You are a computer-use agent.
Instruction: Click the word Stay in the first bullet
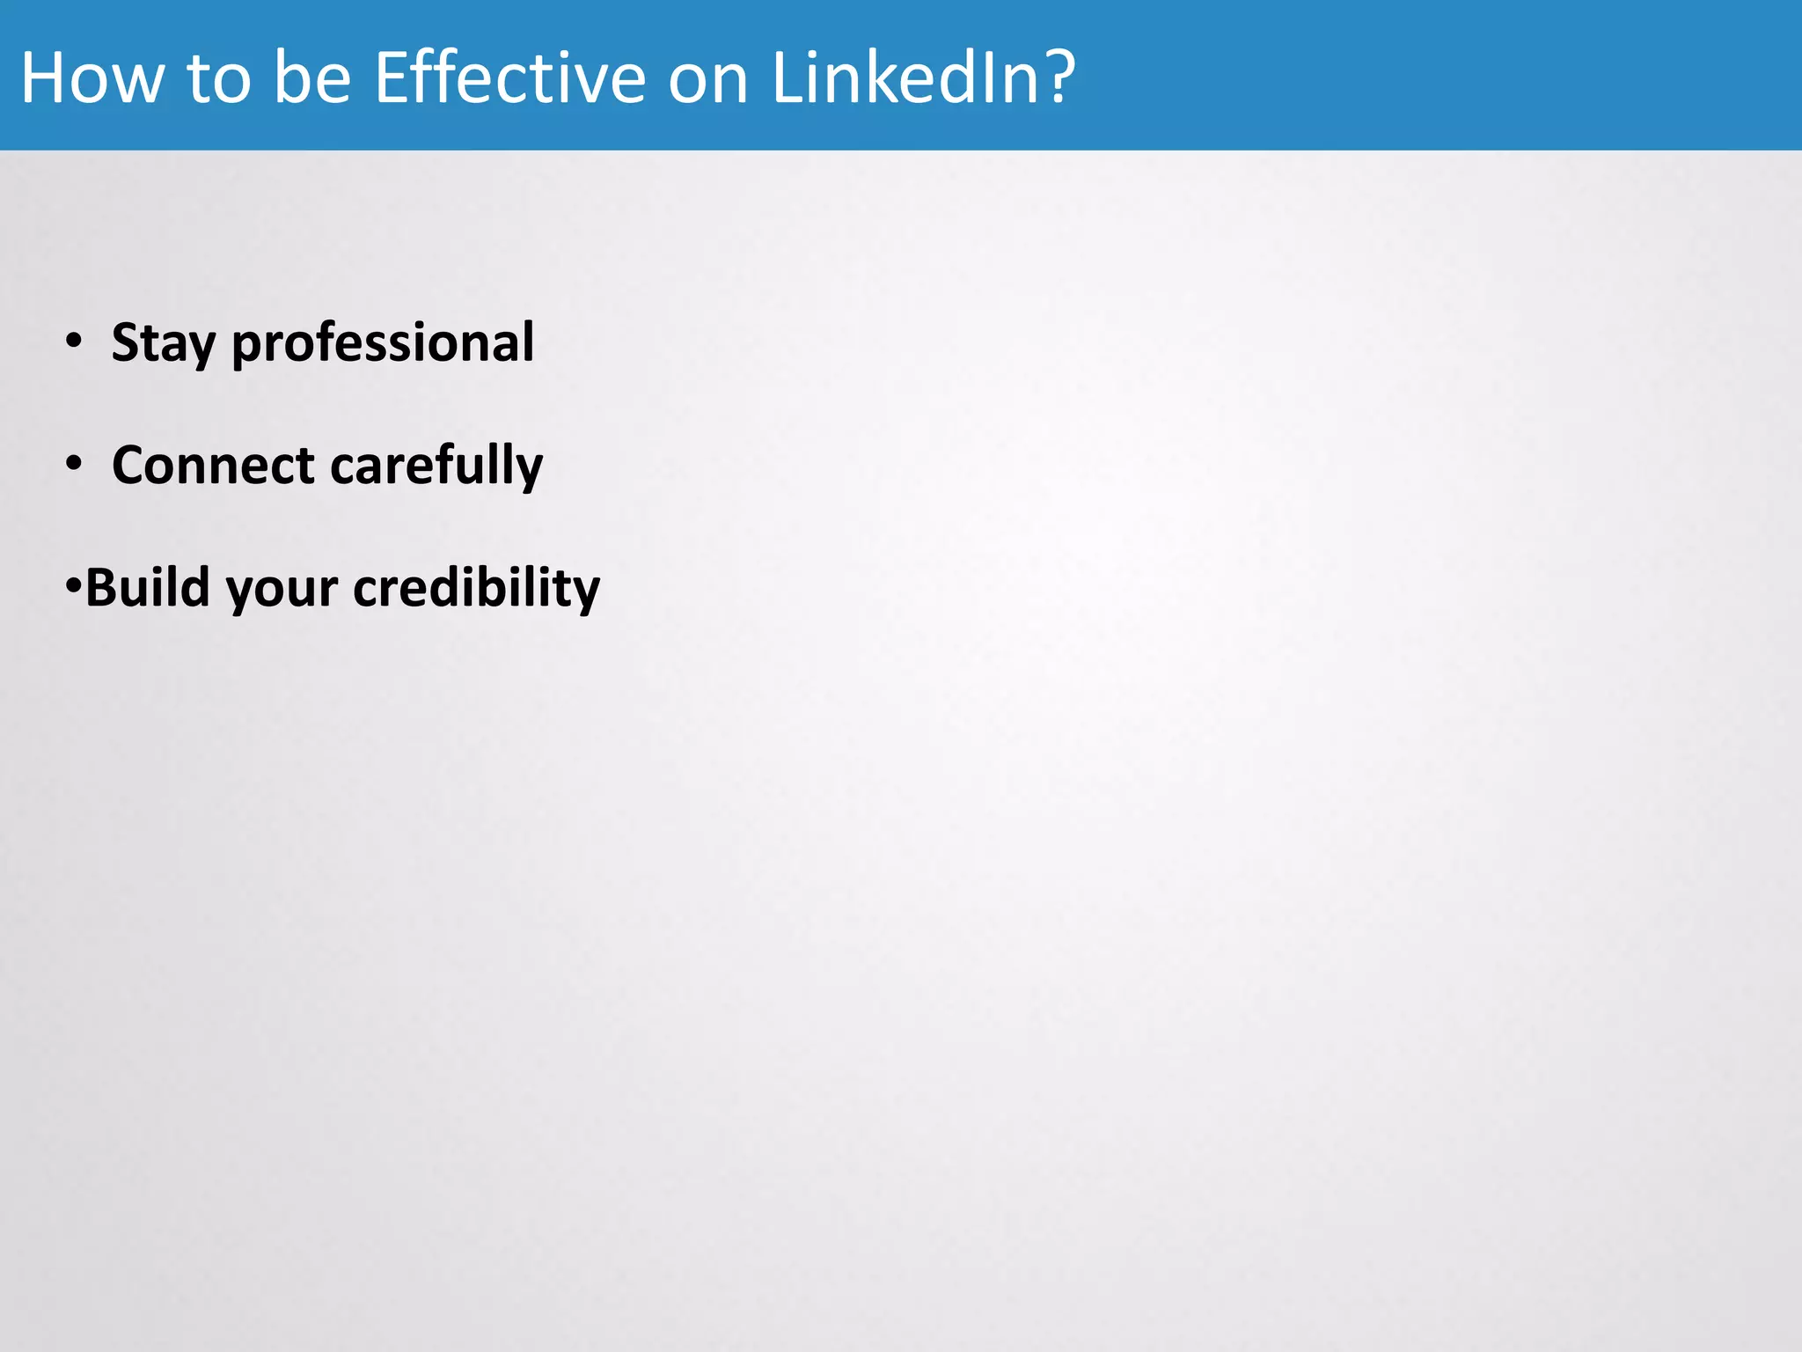click(x=163, y=343)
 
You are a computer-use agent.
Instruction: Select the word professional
click(x=383, y=343)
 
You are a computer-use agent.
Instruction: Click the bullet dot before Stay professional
click(x=74, y=340)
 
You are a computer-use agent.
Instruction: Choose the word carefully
click(x=436, y=467)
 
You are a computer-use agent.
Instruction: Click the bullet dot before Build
click(x=73, y=584)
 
